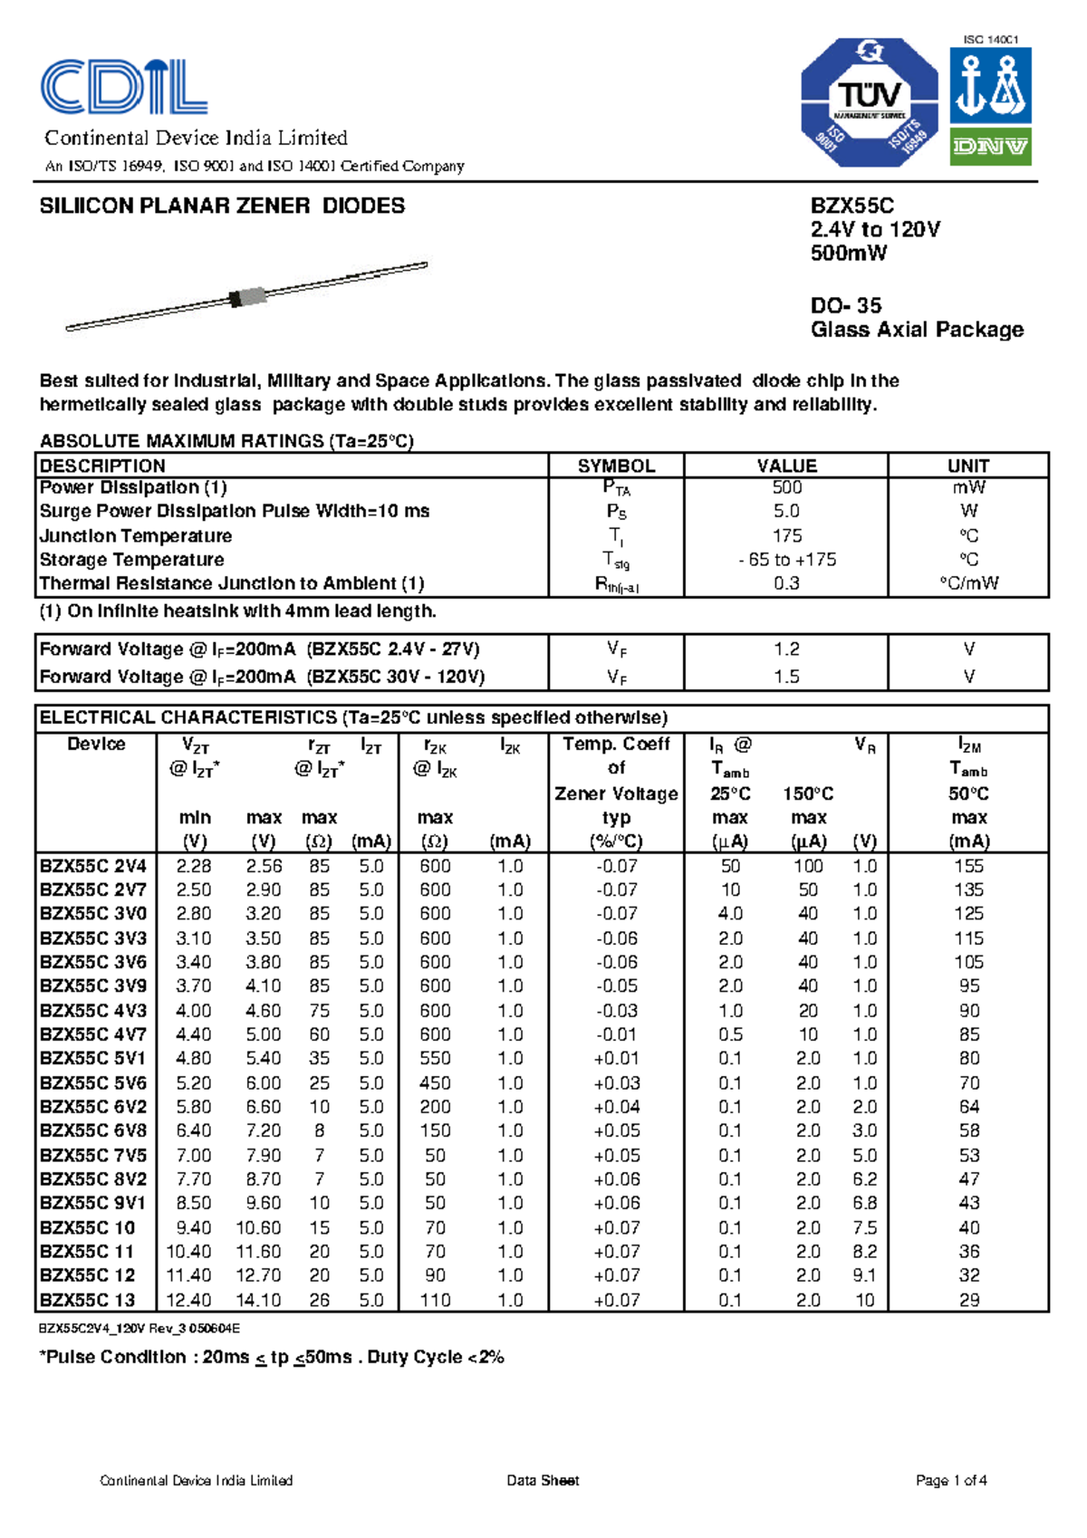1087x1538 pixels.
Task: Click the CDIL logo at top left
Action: tap(124, 87)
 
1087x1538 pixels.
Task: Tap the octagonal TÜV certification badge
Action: tap(869, 102)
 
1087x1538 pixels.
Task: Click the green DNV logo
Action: tap(990, 147)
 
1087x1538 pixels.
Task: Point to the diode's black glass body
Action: tap(247, 296)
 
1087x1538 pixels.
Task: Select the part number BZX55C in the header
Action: tap(851, 206)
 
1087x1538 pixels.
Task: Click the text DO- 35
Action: tap(845, 305)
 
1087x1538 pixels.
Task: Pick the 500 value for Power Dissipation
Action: tap(786, 487)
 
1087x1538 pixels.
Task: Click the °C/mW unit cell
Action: tap(968, 583)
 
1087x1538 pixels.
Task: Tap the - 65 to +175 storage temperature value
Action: tap(786, 560)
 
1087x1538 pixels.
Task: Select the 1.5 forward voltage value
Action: tap(786, 677)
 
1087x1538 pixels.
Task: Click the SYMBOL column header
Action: tap(616, 466)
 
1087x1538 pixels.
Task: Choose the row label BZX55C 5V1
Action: tap(92, 1058)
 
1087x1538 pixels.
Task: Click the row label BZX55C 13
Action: tap(87, 1300)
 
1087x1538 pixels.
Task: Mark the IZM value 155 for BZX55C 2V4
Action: tap(968, 866)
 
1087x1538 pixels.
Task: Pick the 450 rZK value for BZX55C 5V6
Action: tap(435, 1082)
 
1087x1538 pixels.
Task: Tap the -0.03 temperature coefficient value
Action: tap(616, 1010)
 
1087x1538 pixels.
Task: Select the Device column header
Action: tap(96, 744)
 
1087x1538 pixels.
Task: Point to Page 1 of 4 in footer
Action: tap(950, 1481)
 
